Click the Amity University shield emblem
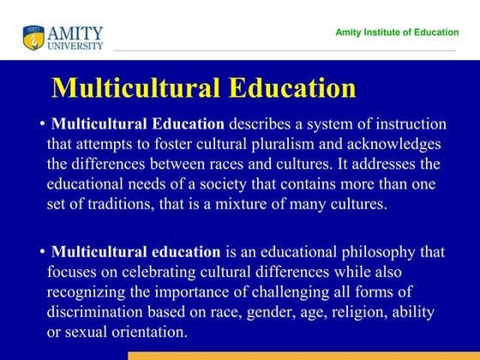point(33,37)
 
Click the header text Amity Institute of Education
point(395,32)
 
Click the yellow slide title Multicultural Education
point(204,88)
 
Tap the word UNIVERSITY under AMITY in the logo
point(75,45)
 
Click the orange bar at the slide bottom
point(303,355)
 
